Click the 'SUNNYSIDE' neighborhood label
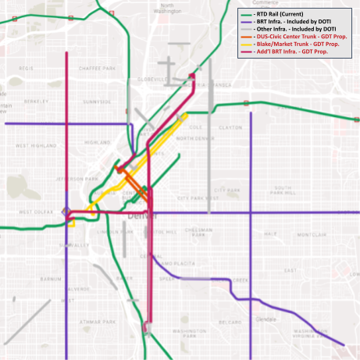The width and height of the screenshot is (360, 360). point(97,102)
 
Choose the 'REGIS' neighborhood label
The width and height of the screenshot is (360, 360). point(27,69)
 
